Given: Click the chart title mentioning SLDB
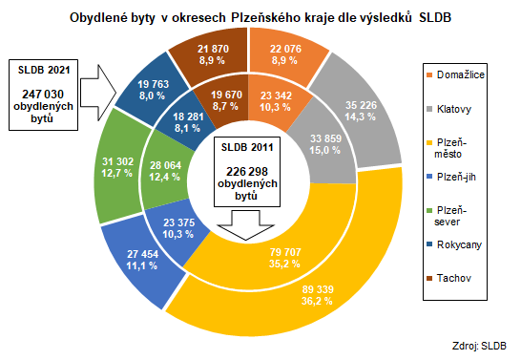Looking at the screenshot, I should coord(260,18).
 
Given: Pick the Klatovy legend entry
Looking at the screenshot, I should coord(456,109).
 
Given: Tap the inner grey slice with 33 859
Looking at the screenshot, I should coord(321,144).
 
